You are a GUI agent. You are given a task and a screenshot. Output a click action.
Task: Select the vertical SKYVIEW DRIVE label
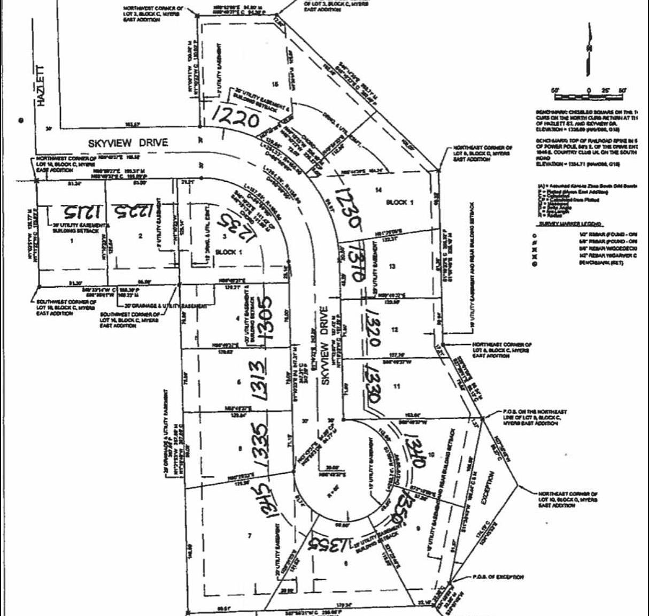[323, 337]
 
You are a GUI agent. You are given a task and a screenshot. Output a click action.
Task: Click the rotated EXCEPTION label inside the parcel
[489, 487]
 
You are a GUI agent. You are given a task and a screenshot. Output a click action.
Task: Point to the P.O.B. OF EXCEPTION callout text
[498, 577]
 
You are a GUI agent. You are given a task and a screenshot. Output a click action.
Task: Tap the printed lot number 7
[249, 535]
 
